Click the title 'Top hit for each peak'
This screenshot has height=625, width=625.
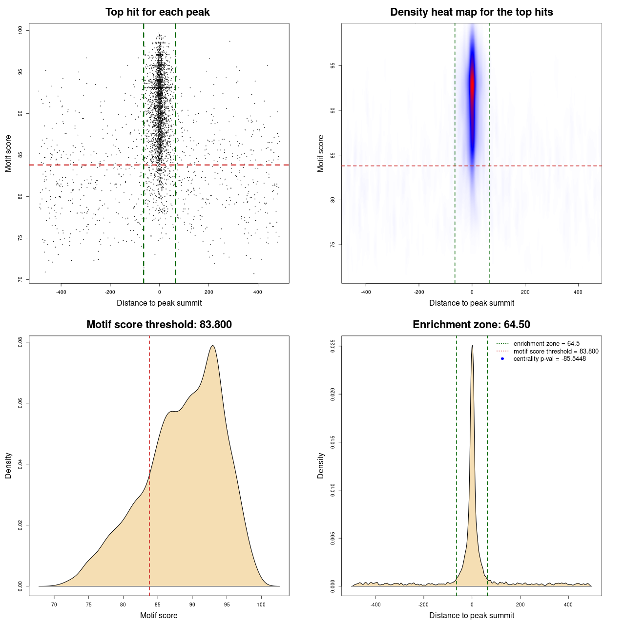pyautogui.click(x=157, y=12)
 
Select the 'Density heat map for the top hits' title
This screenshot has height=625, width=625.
pyautogui.click(x=471, y=12)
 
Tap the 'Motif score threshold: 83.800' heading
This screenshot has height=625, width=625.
pyautogui.click(x=159, y=325)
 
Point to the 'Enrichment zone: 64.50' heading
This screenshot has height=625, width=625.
pyautogui.click(x=471, y=325)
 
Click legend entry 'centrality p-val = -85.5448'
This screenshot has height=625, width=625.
pyautogui.click(x=549, y=359)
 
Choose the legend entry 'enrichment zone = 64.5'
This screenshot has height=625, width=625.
pyautogui.click(x=546, y=344)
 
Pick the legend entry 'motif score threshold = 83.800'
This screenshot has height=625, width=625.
pyautogui.click(x=556, y=352)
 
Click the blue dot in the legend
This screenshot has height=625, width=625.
pyautogui.click(x=502, y=359)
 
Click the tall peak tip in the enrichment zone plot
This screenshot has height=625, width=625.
pyautogui.click(x=472, y=346)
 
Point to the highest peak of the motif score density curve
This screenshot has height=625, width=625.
pyautogui.click(x=212, y=346)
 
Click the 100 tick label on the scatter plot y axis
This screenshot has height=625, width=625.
pyautogui.click(x=21, y=30)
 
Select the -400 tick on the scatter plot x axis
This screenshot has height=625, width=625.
pyautogui.click(x=61, y=292)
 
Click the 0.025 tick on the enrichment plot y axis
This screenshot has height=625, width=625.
pyautogui.click(x=333, y=346)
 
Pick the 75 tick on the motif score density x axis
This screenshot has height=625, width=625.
pyautogui.click(x=88, y=604)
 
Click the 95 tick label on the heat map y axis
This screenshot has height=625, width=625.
pyautogui.click(x=333, y=65)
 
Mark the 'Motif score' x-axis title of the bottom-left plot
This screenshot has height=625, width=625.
pyautogui.click(x=159, y=615)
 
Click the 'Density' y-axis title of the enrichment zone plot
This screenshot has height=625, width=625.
pyautogui.click(x=321, y=465)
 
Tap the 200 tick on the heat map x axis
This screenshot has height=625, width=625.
pyautogui.click(x=525, y=292)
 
